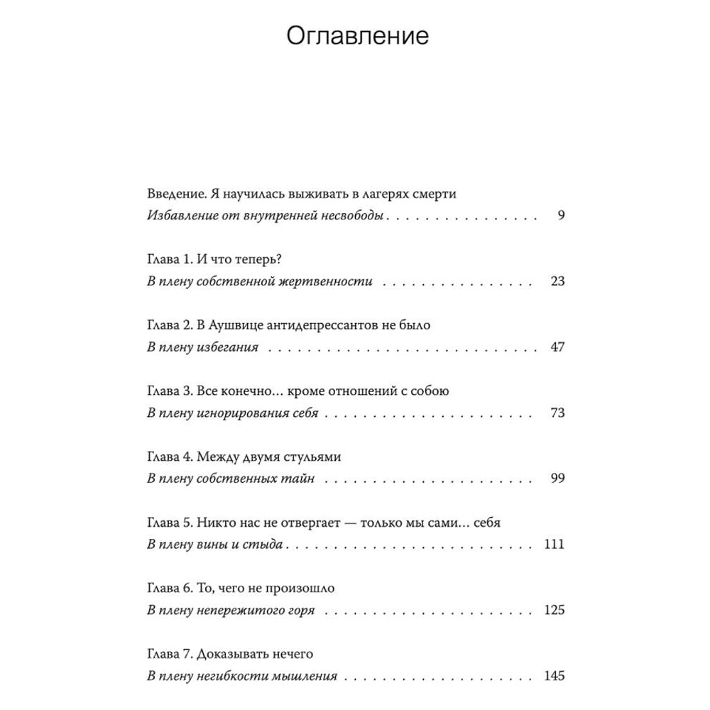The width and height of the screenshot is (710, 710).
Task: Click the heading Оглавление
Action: (358, 35)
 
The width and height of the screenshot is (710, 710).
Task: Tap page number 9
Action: (560, 216)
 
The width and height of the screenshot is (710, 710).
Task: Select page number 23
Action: (557, 281)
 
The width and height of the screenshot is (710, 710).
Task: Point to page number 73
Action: (557, 413)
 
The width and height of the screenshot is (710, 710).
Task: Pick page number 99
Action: (557, 479)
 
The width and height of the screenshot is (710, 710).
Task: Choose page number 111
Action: (554, 545)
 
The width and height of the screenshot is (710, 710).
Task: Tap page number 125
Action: (554, 610)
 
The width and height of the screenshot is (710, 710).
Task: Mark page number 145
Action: (554, 676)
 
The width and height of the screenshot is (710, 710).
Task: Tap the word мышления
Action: (307, 677)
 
